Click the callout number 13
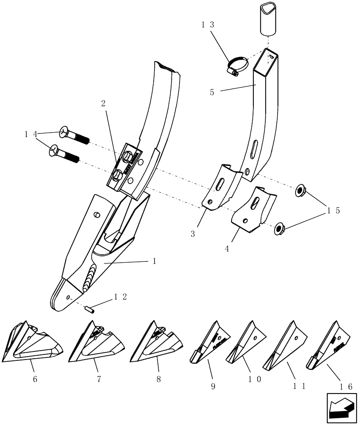[x=207, y=25]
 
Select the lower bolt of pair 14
[x=66, y=154]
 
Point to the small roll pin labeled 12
[x=90, y=309]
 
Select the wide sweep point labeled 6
[x=32, y=343]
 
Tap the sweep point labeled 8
[x=157, y=342]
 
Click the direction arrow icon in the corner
[x=341, y=408]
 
